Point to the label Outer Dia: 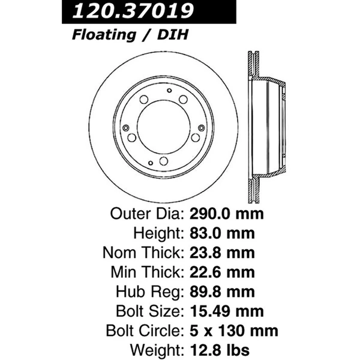click(x=146, y=214)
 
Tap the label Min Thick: click(x=146, y=272)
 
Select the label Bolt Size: click(x=149, y=311)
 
